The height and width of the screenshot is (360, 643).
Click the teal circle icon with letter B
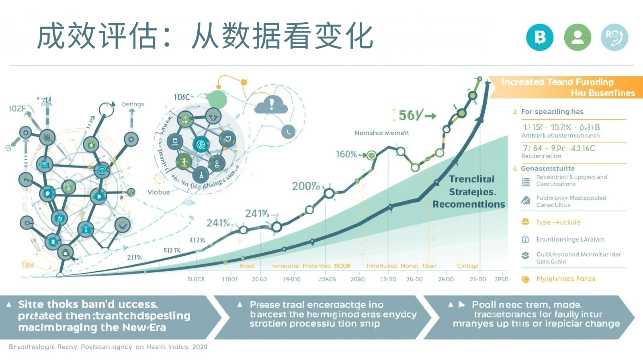[x=540, y=37]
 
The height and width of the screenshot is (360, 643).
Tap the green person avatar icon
[x=577, y=37]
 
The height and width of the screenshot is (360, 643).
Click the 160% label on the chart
[x=346, y=154]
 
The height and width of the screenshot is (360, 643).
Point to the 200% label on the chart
[x=306, y=186]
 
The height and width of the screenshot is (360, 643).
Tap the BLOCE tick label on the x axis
[x=196, y=279]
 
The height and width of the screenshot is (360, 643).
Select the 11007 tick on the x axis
[x=229, y=279]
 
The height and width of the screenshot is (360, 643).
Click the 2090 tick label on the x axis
[x=357, y=279]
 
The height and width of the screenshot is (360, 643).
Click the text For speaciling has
[x=552, y=112]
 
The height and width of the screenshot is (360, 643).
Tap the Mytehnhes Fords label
[x=565, y=279]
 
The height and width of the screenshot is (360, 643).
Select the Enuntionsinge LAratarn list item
[x=570, y=239]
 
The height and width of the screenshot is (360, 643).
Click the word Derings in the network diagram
[x=133, y=104]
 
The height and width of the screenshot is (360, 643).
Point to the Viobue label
[x=159, y=192]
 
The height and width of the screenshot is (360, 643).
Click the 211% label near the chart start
[x=134, y=258]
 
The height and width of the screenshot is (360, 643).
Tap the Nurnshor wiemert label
[x=381, y=133]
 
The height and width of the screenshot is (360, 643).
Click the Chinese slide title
[x=205, y=36]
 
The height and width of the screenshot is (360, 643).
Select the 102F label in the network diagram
[x=17, y=108]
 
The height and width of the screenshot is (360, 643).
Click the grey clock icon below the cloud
[x=288, y=131]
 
